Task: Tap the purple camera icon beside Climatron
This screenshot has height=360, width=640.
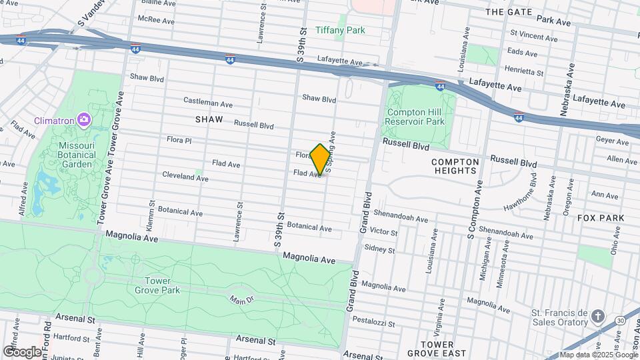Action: click(84, 119)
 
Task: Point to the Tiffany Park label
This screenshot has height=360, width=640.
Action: click(340, 31)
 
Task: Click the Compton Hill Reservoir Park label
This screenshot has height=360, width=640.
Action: click(415, 117)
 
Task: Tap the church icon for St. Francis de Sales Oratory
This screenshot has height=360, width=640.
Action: click(598, 315)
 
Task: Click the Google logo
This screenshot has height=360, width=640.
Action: click(21, 351)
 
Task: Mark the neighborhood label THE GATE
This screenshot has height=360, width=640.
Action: click(509, 12)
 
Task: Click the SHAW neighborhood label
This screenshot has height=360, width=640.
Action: click(209, 119)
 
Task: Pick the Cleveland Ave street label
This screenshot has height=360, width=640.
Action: click(185, 177)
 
